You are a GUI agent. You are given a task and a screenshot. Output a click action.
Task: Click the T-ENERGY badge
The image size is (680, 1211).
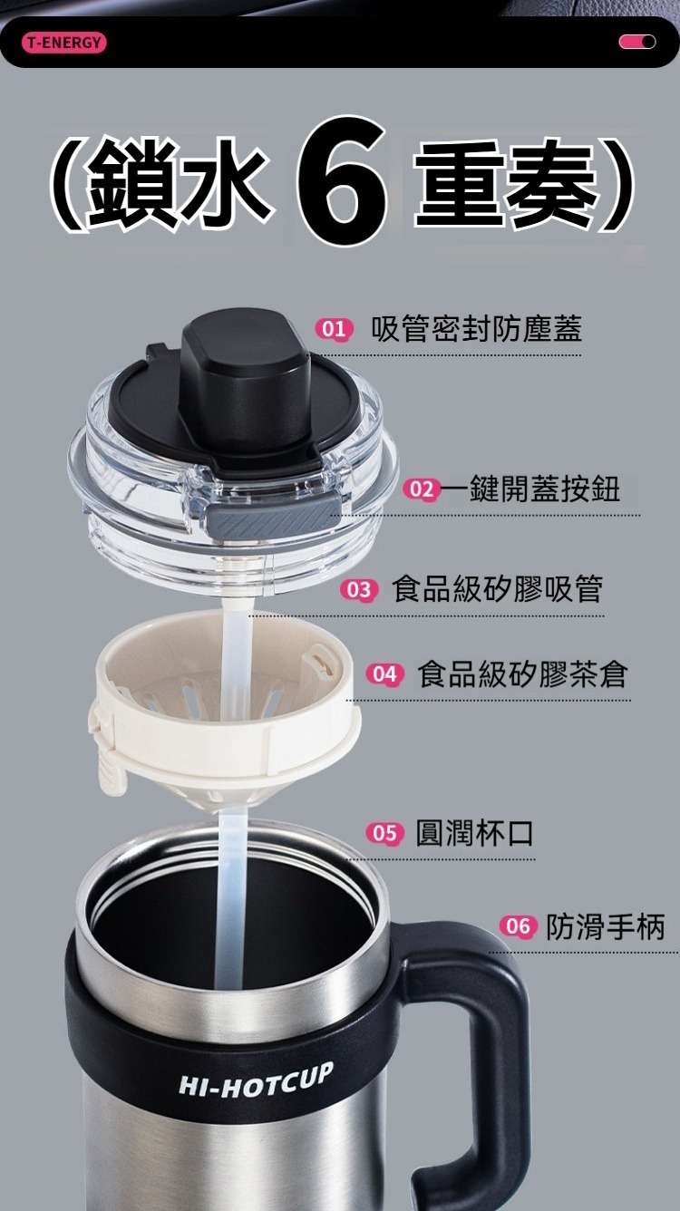(64, 42)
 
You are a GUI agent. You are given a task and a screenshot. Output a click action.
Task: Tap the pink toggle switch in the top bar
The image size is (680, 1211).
(636, 42)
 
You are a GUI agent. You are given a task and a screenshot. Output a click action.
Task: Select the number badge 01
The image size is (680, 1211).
(333, 329)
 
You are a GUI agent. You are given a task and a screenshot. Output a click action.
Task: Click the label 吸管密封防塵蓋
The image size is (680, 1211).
(476, 329)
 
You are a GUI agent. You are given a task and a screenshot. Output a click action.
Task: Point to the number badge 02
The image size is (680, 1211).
(422, 489)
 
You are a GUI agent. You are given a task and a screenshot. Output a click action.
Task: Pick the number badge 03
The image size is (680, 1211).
(359, 590)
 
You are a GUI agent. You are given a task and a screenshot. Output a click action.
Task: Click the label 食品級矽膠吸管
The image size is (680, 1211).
(497, 589)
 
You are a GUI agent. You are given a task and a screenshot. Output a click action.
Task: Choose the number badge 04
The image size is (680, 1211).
(384, 674)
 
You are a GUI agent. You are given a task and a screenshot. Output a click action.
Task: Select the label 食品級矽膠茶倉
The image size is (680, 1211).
(522, 674)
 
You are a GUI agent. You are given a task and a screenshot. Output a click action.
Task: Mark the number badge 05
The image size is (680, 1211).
(384, 833)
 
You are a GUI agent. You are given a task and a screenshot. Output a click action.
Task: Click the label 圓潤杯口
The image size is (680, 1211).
(474, 833)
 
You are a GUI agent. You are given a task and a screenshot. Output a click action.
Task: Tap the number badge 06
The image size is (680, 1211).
(517, 926)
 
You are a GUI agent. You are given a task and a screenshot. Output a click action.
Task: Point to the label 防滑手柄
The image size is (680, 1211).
(606, 926)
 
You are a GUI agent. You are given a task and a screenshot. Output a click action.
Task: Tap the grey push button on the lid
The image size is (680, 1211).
(267, 517)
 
